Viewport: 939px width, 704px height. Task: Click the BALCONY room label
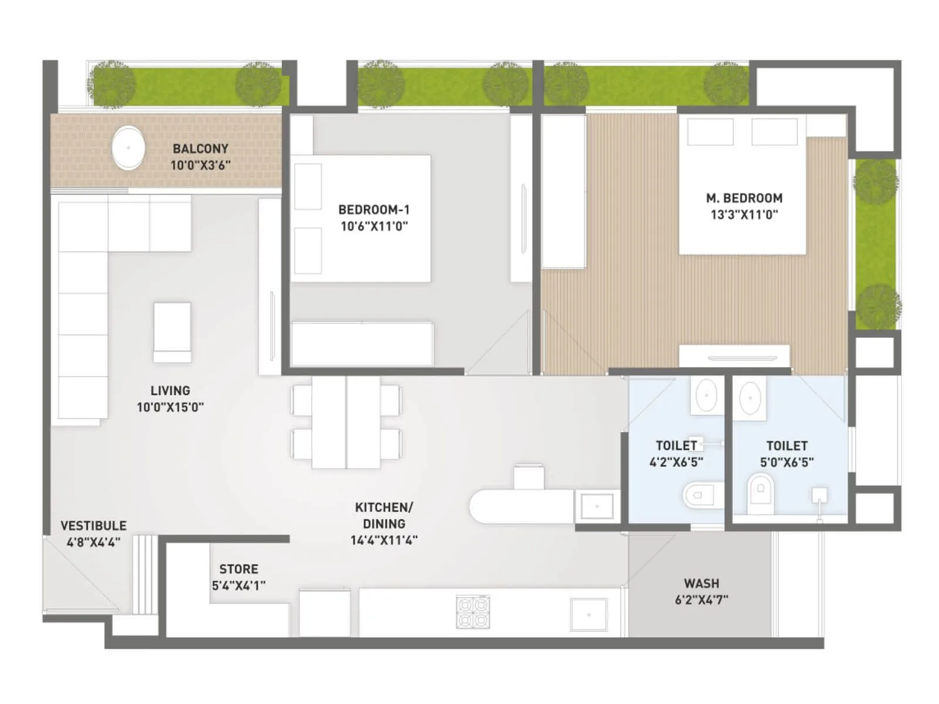pos(200,148)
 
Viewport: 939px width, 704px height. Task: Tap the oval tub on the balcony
pos(128,148)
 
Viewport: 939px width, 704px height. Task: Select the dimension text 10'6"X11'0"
pos(374,226)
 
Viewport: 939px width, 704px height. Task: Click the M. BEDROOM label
pos(744,198)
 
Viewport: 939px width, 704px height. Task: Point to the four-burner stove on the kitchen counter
pos(473,612)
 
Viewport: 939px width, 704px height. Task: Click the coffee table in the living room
pos(172,332)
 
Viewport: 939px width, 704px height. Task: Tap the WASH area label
pos(701,583)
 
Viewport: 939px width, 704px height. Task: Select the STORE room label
pos(238,569)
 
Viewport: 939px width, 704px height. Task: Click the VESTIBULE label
pos(93,526)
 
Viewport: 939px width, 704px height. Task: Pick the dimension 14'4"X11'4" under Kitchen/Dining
pos(384,540)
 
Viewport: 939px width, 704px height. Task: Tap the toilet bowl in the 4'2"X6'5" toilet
pos(700,495)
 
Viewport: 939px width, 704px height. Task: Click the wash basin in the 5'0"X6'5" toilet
pos(751,398)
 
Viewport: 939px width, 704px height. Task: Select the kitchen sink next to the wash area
pos(589,614)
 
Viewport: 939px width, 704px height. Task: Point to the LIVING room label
pos(170,391)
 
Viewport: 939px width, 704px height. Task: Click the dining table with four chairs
pos(346,422)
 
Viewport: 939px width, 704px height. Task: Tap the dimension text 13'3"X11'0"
pos(744,215)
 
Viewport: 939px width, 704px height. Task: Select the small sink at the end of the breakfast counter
pos(597,506)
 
